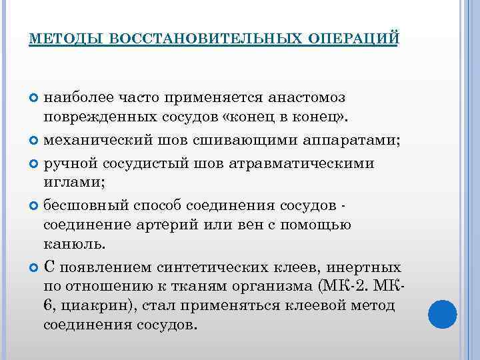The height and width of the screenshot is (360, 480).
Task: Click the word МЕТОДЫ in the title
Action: [64, 39]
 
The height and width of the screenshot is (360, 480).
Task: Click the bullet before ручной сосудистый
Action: [35, 163]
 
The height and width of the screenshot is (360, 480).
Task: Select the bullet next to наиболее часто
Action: [35, 98]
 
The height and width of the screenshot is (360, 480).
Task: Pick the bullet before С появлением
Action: [35, 267]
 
